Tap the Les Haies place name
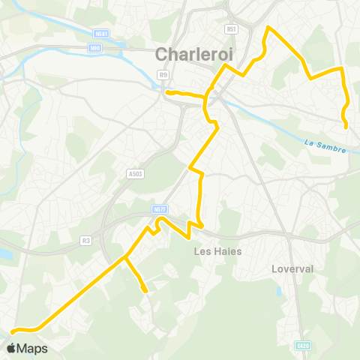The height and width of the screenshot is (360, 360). tap(217, 251)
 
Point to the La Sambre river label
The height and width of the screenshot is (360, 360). tap(326, 145)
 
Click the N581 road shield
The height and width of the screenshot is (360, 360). tap(102, 33)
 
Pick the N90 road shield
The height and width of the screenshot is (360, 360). tap(94, 49)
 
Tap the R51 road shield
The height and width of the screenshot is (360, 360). tap(232, 29)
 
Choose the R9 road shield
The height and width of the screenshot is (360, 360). tap(163, 74)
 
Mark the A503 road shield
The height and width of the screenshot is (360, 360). tap(135, 173)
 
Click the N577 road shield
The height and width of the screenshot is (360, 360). tap(159, 209)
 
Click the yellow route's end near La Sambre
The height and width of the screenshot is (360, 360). tap(346, 127)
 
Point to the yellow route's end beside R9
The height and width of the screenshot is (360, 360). tap(167, 92)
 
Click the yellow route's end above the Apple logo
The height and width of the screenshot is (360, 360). tap(12, 330)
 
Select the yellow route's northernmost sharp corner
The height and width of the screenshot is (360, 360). tap(268, 28)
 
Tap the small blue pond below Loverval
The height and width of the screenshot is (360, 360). tap(280, 289)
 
